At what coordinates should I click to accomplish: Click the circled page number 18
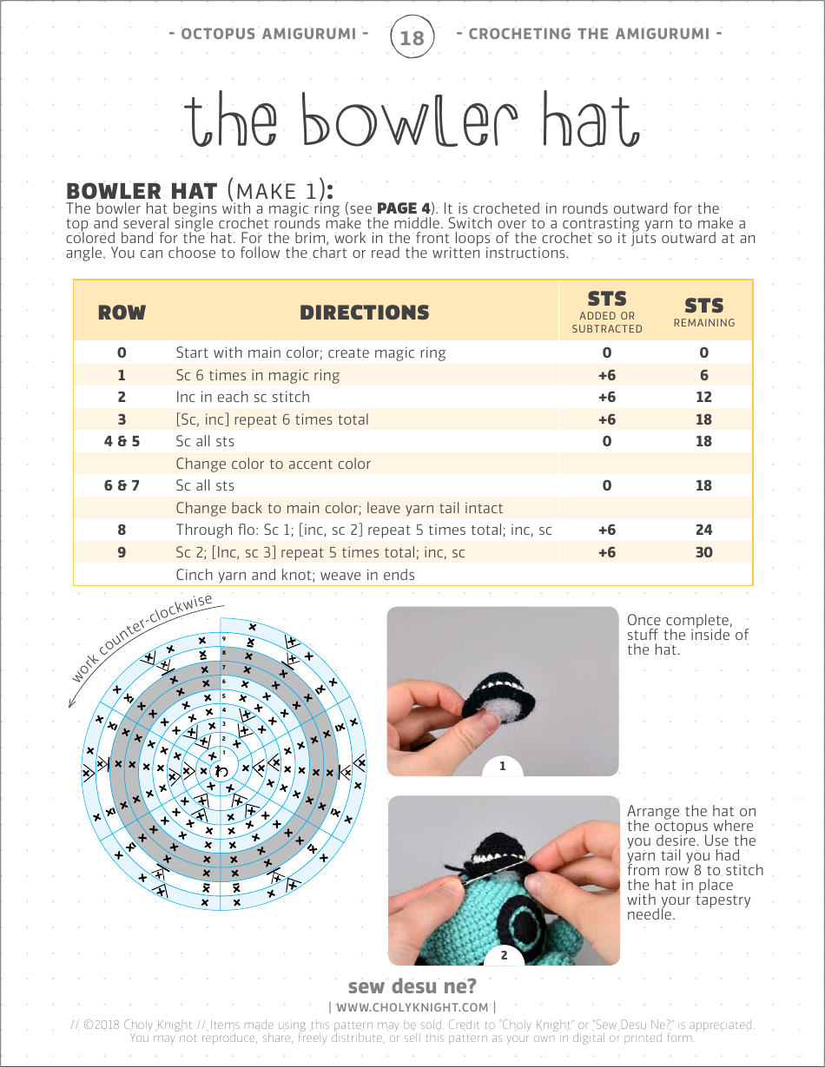tap(412, 36)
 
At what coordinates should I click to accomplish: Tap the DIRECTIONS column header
tap(365, 313)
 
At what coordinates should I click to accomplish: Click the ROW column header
tap(122, 313)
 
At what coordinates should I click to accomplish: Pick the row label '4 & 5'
tap(122, 441)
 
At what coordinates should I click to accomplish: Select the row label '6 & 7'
tap(122, 485)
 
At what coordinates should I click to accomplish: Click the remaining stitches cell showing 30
tap(703, 552)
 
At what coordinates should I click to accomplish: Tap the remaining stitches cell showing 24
tap(703, 530)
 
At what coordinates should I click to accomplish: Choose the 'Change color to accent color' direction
tap(273, 464)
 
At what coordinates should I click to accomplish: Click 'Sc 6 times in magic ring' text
tap(258, 375)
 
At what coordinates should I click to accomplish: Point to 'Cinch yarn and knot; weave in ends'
tap(295, 575)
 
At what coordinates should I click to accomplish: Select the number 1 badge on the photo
tap(502, 766)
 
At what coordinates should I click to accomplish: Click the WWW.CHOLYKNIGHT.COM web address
tap(412, 1007)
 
